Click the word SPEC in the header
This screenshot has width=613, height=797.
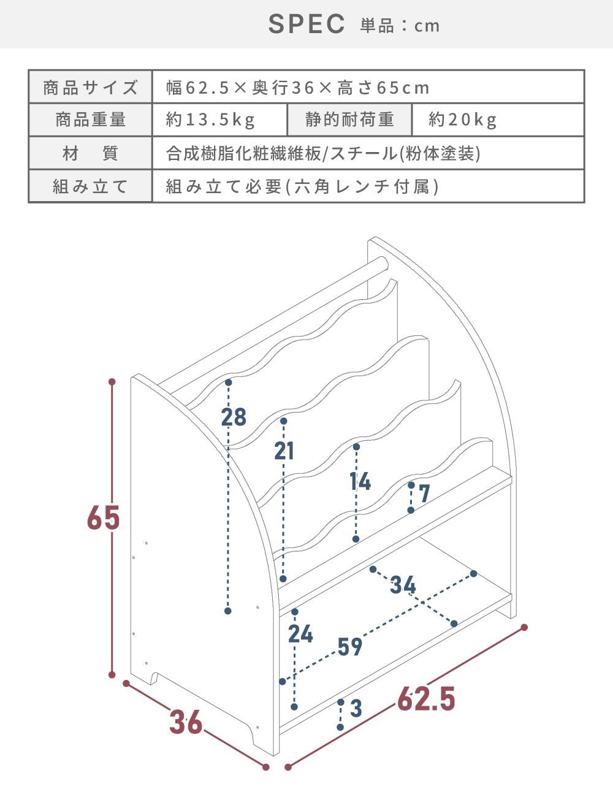click(x=306, y=24)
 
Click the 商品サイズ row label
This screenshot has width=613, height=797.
click(x=90, y=87)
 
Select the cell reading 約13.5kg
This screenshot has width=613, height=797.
click(x=219, y=120)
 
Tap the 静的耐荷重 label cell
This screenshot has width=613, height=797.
click(x=349, y=120)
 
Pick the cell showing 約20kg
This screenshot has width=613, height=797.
click(x=498, y=120)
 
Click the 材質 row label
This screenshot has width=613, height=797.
click(x=90, y=153)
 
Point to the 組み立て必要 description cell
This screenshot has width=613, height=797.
click(x=368, y=186)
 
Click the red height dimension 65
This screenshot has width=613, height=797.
click(x=104, y=517)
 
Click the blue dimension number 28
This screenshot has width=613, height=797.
click(x=234, y=417)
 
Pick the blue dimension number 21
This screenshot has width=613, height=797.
click(x=284, y=451)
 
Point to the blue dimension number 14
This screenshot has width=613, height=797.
click(x=360, y=481)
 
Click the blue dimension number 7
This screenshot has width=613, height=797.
click(x=424, y=494)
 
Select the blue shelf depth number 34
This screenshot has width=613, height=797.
click(x=403, y=585)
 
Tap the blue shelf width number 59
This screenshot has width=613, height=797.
click(x=350, y=647)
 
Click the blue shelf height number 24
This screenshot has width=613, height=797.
click(x=300, y=634)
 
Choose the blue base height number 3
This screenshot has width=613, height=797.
click(x=356, y=708)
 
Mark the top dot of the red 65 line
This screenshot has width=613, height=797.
click(x=112, y=382)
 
